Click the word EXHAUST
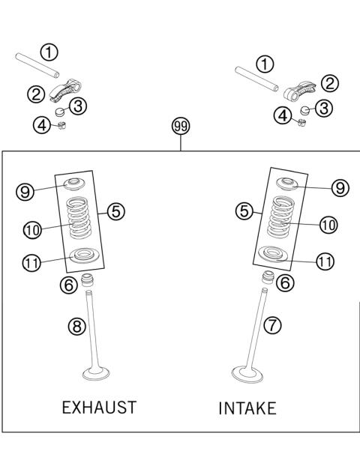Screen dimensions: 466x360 coord(98,408)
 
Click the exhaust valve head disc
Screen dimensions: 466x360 coord(99,372)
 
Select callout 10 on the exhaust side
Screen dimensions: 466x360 coord(32,231)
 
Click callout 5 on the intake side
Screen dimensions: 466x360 coord(243,214)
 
